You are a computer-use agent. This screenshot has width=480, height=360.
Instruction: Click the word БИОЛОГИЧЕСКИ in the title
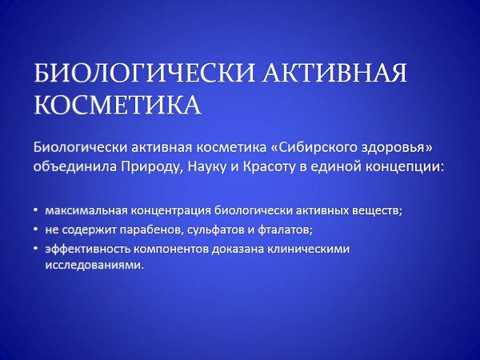tap(143, 73)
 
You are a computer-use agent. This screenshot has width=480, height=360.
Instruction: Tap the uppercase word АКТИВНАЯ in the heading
tap(334, 73)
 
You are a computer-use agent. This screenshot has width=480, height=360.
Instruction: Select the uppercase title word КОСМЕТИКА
tap(118, 104)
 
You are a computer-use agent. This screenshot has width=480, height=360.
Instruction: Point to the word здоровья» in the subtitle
tap(398, 147)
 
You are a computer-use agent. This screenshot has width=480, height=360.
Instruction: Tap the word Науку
tap(206, 167)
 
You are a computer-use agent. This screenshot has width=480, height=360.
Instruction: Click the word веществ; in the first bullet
tap(377, 211)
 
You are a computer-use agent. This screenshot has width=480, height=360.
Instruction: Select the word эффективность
tap(87, 249)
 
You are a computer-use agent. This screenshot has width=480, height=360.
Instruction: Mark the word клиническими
tap(308, 249)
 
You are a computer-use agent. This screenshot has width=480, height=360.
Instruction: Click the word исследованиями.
tap(94, 265)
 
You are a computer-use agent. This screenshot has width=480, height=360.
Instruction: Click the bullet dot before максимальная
tap(36, 210)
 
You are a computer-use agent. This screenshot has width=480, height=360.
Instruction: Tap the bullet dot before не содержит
tap(36, 230)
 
